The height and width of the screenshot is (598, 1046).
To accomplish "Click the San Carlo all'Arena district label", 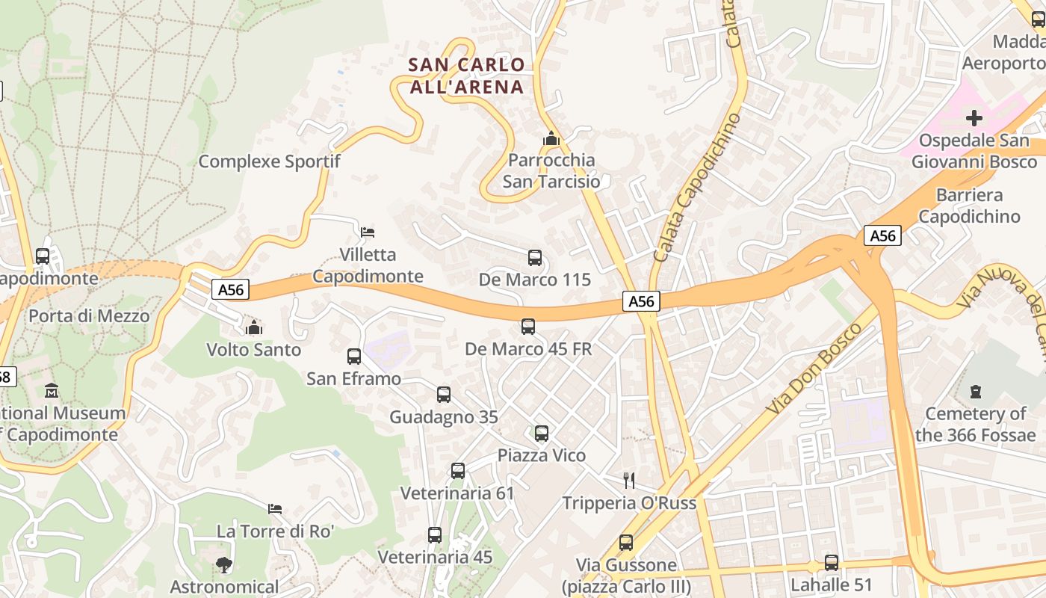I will click(x=466, y=75).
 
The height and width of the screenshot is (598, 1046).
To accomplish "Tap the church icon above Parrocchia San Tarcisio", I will click(x=551, y=138).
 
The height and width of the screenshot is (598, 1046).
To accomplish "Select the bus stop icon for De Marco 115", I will click(x=535, y=258).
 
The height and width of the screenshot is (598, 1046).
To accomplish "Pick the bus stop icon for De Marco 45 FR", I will click(x=528, y=327).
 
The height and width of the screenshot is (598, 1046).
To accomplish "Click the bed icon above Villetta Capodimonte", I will click(x=368, y=232).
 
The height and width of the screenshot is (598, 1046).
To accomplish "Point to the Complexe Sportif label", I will click(x=269, y=161).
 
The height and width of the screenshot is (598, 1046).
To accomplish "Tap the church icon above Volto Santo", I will click(x=254, y=327).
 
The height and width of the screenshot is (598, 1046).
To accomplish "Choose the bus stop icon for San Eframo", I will click(x=354, y=357).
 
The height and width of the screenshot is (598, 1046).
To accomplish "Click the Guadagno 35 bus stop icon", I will click(x=444, y=395).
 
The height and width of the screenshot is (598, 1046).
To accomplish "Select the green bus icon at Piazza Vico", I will click(x=542, y=434).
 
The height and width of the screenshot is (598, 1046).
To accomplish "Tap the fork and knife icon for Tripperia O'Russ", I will click(x=629, y=481).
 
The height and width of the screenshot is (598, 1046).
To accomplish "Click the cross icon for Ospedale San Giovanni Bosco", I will click(x=974, y=118).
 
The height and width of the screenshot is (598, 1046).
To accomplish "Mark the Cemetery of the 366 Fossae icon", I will click(x=975, y=391).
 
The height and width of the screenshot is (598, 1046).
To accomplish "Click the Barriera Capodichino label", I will click(x=969, y=206).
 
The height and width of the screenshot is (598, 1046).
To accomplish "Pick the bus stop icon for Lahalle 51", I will click(x=832, y=563).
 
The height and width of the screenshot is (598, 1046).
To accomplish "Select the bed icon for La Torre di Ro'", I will click(x=275, y=509).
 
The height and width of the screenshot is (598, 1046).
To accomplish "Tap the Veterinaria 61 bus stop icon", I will click(x=458, y=471).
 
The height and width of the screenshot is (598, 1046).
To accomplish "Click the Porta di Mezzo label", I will click(x=89, y=315).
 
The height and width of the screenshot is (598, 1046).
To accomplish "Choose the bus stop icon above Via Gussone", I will click(x=626, y=543).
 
